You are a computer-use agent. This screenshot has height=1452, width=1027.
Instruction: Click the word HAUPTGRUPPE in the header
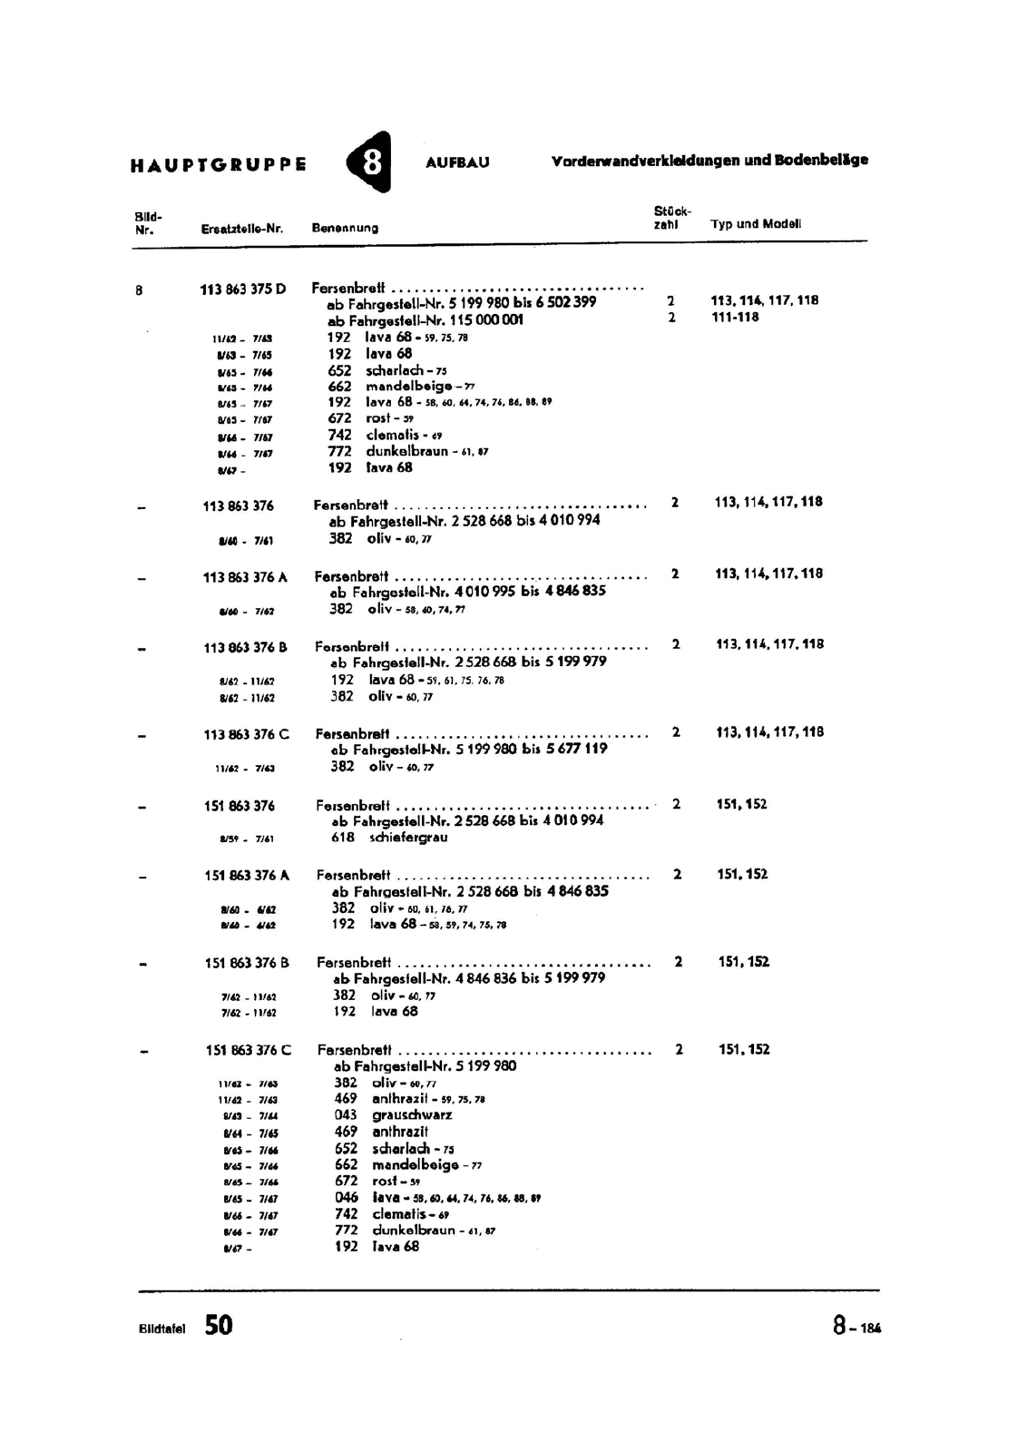[218, 165]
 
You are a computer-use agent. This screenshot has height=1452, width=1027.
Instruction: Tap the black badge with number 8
[370, 163]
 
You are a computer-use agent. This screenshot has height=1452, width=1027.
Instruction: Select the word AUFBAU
[457, 163]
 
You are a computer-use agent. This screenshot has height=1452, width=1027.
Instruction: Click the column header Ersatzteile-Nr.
[242, 229]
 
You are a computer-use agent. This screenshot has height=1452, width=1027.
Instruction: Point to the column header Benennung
[345, 228]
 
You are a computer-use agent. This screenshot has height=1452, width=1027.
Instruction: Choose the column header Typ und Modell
[756, 224]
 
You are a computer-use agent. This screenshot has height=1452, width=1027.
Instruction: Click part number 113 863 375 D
[242, 289]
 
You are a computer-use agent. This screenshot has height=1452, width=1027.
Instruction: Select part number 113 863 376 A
[245, 577]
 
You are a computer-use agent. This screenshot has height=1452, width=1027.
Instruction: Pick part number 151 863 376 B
[248, 963]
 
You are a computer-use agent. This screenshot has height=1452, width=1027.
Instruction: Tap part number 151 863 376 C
[249, 1050]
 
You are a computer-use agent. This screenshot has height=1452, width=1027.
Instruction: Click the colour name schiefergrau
[408, 838]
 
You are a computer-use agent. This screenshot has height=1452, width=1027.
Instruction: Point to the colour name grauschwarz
[412, 1115]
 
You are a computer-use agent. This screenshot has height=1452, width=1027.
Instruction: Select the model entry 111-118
[735, 318]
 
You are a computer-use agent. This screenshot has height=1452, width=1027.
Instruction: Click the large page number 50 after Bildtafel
[219, 1326]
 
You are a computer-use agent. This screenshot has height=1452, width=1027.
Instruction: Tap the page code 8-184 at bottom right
[856, 1327]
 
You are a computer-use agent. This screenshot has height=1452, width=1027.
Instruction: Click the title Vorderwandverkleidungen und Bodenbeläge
[709, 161]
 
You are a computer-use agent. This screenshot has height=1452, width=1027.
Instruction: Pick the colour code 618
[343, 838]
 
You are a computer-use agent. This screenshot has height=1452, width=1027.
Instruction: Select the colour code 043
[346, 1115]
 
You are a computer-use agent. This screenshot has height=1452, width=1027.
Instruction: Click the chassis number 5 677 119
[576, 750]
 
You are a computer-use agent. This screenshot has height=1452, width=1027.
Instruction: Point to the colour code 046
[347, 1198]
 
